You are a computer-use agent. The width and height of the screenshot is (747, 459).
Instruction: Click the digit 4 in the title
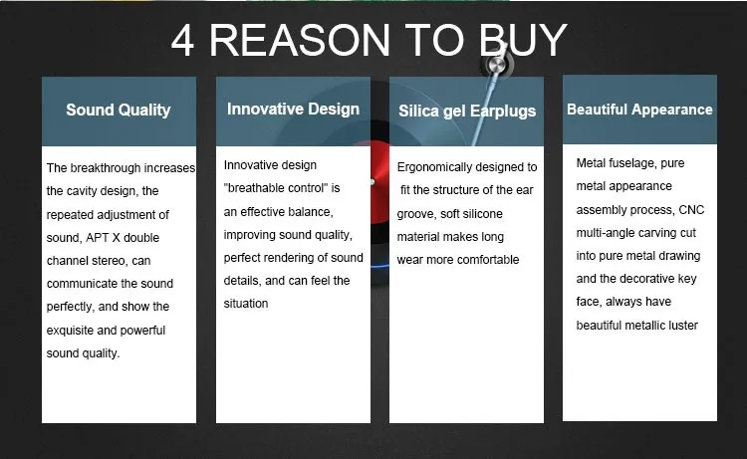182,41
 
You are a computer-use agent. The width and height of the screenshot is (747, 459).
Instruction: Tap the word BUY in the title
523,41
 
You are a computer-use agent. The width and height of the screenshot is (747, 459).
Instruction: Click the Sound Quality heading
119,110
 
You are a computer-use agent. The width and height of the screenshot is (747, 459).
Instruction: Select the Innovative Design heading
293,110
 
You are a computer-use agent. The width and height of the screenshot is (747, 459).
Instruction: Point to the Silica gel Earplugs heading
467,112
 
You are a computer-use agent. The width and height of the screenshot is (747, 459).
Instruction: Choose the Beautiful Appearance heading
639,110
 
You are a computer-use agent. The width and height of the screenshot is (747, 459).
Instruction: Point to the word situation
246,304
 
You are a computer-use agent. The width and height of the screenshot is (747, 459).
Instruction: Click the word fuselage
625,164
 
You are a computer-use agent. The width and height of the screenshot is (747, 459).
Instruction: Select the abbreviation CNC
691,210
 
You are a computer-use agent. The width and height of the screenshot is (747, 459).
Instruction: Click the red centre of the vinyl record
380,182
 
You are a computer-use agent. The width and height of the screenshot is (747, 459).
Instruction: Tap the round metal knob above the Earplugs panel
497,64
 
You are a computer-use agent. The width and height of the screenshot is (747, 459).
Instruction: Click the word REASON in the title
300,41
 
